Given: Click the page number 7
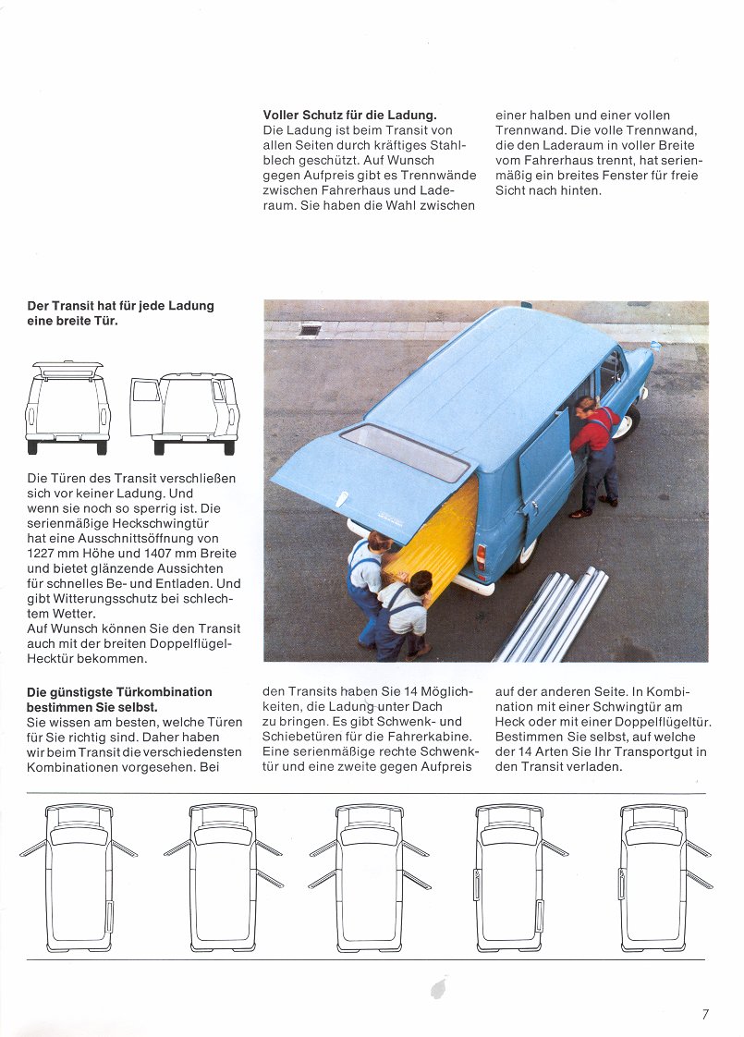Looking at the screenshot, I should [705, 1014].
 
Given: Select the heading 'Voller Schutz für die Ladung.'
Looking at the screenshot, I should [349, 115].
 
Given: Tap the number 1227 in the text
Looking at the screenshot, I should [45, 553].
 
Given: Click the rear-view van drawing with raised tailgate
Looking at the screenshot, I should [67, 407].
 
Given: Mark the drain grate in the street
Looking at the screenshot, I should [310, 330].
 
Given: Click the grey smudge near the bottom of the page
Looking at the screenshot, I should [437, 989].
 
